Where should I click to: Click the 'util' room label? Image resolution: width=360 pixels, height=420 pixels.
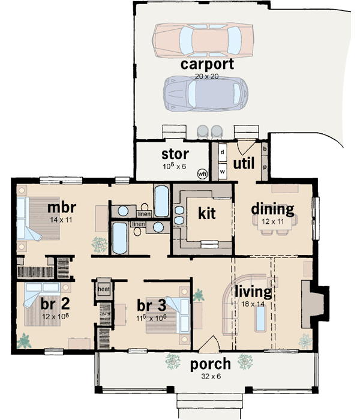coord(245,163)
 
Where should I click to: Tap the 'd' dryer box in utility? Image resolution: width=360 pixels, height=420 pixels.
coord(221,152)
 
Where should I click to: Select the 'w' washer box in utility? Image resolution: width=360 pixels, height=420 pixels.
coord(221,171)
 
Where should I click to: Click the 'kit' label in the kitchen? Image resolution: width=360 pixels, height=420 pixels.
coord(206,212)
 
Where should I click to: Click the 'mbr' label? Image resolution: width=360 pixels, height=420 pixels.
coord(61,209)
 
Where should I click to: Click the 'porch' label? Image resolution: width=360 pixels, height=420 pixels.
coord(210,364)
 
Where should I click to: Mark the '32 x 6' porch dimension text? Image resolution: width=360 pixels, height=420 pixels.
coord(210,377)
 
